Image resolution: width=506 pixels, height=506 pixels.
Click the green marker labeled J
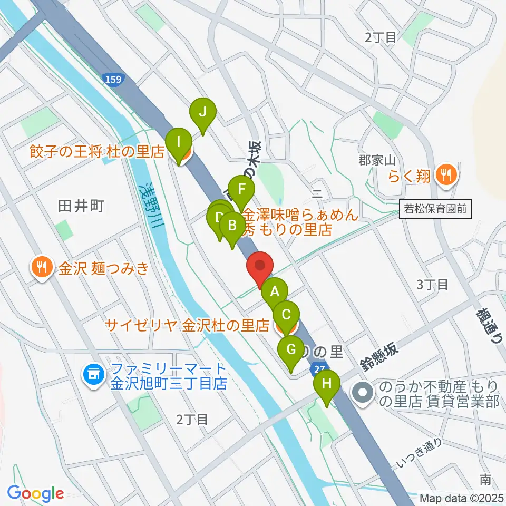coord(203,112)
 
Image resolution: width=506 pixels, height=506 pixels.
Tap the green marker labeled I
coord(179,142)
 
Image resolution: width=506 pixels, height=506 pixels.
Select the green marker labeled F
coord(242,189)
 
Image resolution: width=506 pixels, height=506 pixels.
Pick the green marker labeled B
coord(231,226)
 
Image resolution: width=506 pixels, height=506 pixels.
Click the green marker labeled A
coord(275,290)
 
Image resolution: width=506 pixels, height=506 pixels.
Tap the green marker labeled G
coord(290,349)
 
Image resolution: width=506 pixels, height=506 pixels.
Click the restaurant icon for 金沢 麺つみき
coord(41,268)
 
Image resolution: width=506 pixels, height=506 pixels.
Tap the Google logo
coord(35,494)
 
